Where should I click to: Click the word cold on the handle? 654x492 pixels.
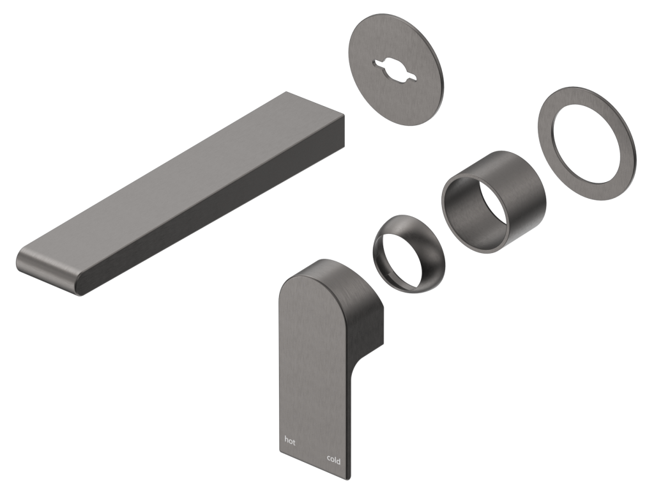(x=333, y=459)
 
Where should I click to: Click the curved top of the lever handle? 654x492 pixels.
(x=319, y=272)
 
